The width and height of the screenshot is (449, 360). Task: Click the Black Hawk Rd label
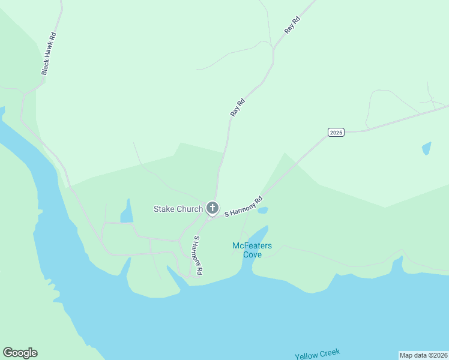point(49,53)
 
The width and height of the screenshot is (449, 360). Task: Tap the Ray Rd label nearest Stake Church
point(238,107)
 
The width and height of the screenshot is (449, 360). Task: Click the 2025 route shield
point(336,132)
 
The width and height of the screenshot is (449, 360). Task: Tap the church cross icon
point(212,208)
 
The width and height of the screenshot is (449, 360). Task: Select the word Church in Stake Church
point(189,209)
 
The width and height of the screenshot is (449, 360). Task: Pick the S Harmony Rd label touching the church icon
point(244,206)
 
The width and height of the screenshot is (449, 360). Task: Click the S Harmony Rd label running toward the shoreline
point(197,255)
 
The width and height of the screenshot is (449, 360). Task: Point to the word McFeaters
point(252,245)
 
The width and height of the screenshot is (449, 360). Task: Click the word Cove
point(252,254)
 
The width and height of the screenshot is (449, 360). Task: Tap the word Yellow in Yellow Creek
point(307,356)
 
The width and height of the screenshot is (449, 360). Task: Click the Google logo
point(20,353)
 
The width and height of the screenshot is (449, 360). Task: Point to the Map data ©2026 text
point(423,355)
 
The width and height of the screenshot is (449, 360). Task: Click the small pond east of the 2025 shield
point(426,148)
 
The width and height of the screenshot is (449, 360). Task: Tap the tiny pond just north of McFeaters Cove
point(262,211)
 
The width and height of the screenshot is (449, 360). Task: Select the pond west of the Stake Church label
point(127,211)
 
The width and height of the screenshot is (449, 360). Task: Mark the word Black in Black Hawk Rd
point(45,67)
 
